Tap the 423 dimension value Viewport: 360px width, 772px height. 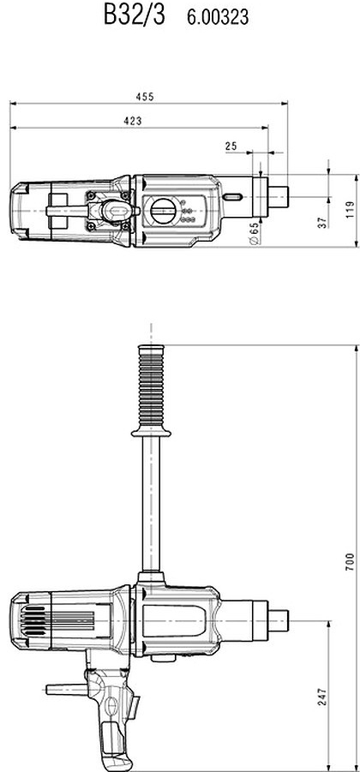coord(132,121)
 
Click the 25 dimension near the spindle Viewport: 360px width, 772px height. coord(231,146)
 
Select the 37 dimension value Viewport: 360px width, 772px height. coord(322,221)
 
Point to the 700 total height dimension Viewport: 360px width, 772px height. coord(350,561)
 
